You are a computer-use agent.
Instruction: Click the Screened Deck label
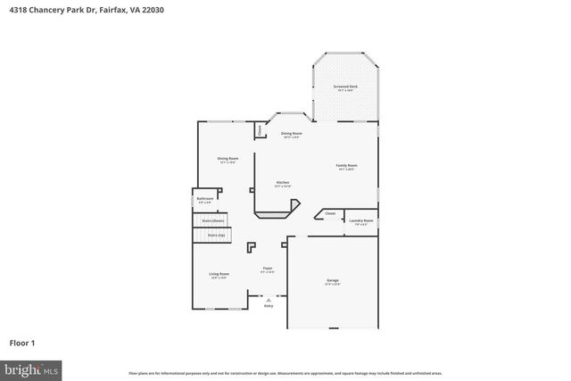(x=345, y=87)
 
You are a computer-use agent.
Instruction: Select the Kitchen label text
(x=283, y=182)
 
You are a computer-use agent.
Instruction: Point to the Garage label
(x=332, y=280)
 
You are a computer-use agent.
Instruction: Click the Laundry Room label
(x=361, y=220)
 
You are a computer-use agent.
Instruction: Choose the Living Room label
(x=219, y=274)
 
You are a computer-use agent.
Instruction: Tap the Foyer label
(x=267, y=268)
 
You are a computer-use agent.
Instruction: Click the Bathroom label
(x=204, y=199)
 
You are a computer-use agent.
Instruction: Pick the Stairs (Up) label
(x=216, y=235)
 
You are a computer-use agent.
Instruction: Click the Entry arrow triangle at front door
(x=268, y=300)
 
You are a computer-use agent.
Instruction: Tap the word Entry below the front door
(x=268, y=305)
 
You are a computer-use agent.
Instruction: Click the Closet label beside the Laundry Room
(x=329, y=213)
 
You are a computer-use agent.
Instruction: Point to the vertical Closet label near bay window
(x=259, y=130)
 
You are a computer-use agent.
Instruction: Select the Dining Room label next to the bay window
(x=291, y=133)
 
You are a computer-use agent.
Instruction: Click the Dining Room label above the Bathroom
(x=228, y=159)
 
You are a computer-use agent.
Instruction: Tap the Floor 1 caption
(x=22, y=342)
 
